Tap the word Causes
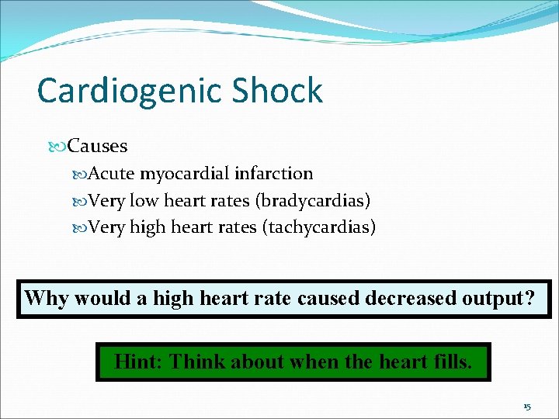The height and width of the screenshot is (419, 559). coord(98,146)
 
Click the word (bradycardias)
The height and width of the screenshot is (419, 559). coord(313,201)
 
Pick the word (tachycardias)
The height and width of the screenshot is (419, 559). coord(319,227)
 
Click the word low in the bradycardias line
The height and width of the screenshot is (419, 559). coord(144,201)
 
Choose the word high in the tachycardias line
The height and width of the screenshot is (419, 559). coord(147,227)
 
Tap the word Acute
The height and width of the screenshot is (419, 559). coord(112,174)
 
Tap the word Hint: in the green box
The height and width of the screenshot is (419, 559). coord(137,361)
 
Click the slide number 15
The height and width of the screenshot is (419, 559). coord(526,407)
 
